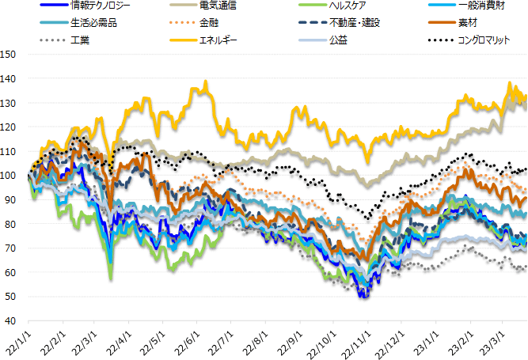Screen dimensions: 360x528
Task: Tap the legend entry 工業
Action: (80, 39)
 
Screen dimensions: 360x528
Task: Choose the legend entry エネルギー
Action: (218, 39)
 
